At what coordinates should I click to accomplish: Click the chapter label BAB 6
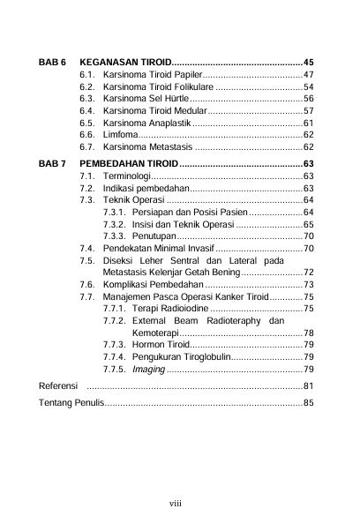click(x=53, y=64)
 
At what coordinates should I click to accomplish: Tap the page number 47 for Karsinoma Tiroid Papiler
click(x=309, y=76)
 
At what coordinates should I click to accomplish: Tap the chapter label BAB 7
click(x=53, y=164)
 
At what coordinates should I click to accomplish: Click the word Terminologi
click(x=127, y=177)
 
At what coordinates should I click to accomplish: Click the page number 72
click(x=309, y=273)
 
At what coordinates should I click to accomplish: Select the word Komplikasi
click(x=128, y=286)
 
